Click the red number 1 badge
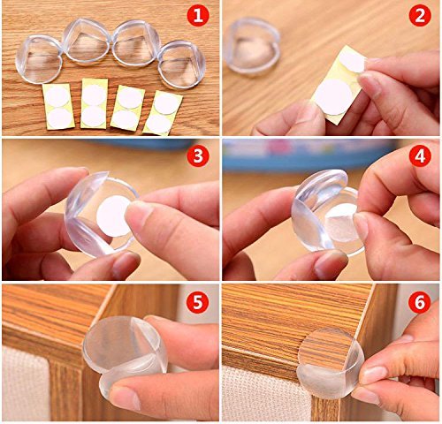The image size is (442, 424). coord(198,15)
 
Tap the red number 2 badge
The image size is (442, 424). coord(420,15)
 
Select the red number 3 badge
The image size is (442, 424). coord(198,156)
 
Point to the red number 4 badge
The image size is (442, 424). coord(420,156)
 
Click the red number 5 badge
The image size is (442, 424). coord(198,301)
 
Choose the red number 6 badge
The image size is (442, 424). coord(420,301)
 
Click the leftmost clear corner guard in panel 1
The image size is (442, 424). coord(38,60)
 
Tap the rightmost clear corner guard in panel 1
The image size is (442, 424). coord(181,64)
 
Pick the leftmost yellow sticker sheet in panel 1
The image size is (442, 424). coord(58,107)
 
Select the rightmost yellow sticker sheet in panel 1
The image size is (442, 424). coord(163,113)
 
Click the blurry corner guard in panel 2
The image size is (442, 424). coord(252,47)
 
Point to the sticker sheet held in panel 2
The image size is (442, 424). coord(339,86)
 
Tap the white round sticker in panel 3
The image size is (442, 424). coord(113,216)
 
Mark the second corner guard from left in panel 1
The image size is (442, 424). coord(87,42)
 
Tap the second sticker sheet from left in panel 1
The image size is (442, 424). coord(95,103)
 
